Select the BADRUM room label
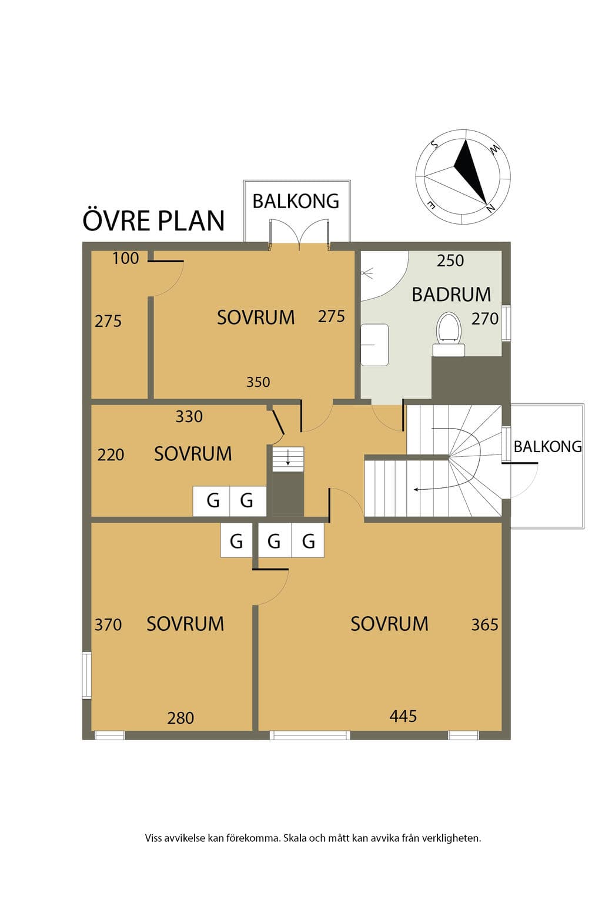click(x=451, y=295)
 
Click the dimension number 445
click(x=403, y=716)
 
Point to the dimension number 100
click(x=125, y=259)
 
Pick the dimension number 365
click(x=485, y=625)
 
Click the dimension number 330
click(x=189, y=416)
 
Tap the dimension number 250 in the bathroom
click(x=450, y=261)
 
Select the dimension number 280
click(x=180, y=718)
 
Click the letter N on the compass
click(x=491, y=209)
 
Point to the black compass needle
click(x=470, y=172)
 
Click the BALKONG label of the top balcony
click(x=296, y=201)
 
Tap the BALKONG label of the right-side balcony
click(x=547, y=447)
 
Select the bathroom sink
click(x=374, y=345)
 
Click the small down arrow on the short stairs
click(x=288, y=457)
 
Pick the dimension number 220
click(x=111, y=455)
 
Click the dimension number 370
click(x=108, y=625)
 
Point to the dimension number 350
click(x=258, y=382)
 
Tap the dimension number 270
click(x=485, y=319)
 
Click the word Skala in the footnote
click(x=295, y=838)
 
